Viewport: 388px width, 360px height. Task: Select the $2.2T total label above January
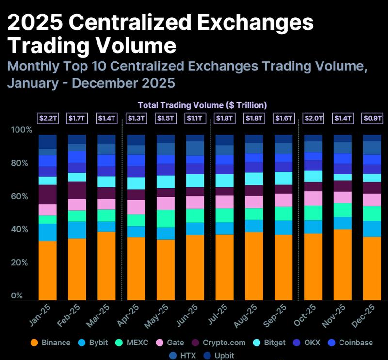pos(48,118)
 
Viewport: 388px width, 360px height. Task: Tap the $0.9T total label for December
pos(372,118)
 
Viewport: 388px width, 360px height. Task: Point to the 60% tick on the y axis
pos(22,196)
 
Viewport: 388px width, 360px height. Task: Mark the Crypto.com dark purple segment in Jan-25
pos(48,194)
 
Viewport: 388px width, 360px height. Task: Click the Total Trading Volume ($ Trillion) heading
pos(202,105)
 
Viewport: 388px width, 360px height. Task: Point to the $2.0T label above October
pos(313,118)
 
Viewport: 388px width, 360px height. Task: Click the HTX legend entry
pos(181,355)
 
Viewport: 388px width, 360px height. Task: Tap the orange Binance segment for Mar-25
pos(107,266)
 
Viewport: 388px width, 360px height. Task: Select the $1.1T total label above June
pos(195,118)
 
